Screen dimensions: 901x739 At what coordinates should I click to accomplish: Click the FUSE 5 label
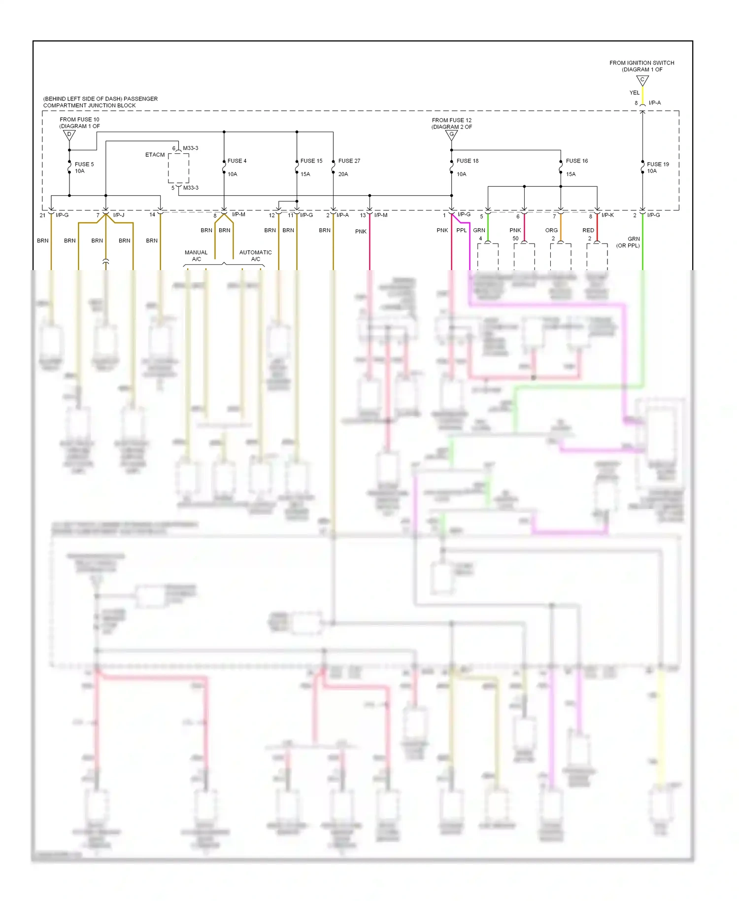coord(84,164)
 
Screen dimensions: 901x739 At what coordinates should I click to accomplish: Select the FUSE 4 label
coord(237,161)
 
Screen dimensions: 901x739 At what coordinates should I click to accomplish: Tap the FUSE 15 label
coord(311,161)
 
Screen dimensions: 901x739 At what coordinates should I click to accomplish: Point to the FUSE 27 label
coord(349,161)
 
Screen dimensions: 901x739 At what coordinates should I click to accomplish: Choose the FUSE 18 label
coord(468,161)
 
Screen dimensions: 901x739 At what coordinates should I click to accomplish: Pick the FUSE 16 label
coord(577,161)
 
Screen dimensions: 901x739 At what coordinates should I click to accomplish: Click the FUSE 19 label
coord(658,164)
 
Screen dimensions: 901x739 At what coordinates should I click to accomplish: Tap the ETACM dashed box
coord(178,168)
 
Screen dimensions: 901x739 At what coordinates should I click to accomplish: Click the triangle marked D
coord(69,135)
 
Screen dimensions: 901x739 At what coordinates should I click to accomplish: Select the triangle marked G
coord(451,135)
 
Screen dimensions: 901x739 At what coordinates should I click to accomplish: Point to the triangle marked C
coord(642,80)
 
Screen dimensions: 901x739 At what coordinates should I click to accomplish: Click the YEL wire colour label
coord(635,93)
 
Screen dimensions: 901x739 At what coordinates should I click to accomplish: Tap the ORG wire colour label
coord(551,230)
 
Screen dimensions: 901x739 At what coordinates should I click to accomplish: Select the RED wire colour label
coord(588,230)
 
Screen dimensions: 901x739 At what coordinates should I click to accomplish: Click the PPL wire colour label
coord(461,230)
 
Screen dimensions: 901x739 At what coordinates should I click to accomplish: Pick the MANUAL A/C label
coord(196,255)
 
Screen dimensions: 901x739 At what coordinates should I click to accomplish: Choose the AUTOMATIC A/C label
coord(255,255)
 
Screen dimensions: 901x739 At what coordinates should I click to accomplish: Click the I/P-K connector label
coord(607,215)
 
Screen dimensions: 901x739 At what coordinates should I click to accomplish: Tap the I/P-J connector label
coord(119,215)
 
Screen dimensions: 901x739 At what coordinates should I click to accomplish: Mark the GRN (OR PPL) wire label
coord(629,242)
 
